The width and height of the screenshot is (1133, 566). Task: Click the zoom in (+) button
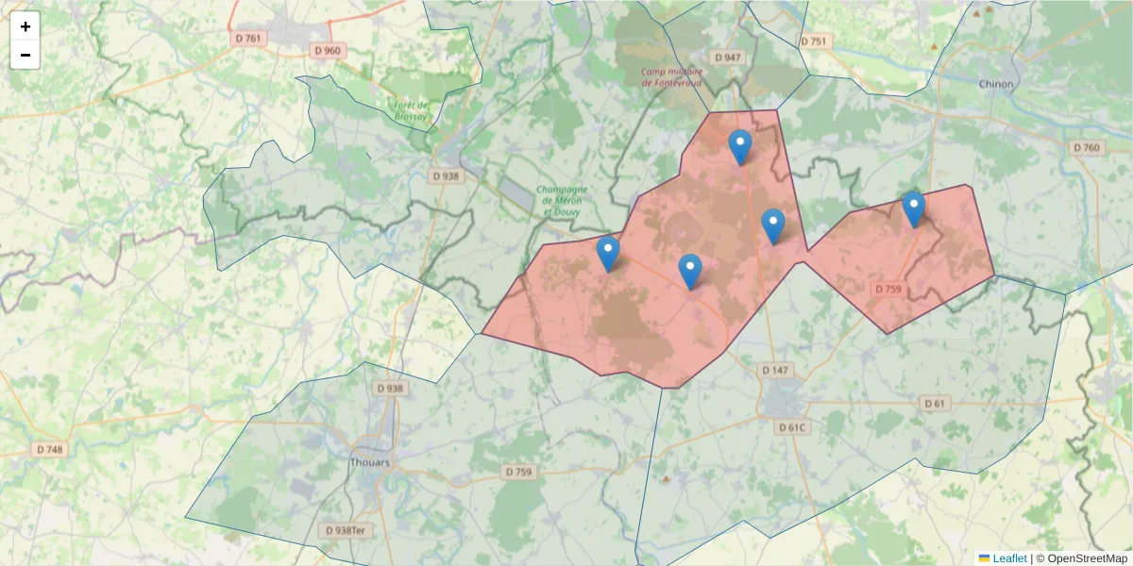pos(25,26)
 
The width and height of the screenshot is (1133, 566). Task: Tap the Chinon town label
pos(996,84)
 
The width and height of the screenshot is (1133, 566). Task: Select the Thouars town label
pos(369,462)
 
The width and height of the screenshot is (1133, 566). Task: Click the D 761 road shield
pos(248,39)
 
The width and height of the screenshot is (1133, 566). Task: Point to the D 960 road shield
pos(327,50)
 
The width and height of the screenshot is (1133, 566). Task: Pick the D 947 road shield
pos(728,58)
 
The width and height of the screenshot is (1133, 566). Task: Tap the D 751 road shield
pos(813,42)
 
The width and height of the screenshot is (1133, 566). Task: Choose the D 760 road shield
pos(1087,148)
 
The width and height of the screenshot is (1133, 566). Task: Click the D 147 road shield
pos(774,370)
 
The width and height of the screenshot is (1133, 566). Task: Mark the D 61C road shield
pos(792,427)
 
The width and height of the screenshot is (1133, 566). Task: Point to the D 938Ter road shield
pos(346,530)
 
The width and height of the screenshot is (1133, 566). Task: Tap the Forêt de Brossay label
pos(411,109)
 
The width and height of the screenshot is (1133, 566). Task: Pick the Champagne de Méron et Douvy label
pos(561,201)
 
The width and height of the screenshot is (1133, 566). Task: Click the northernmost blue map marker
pos(740,147)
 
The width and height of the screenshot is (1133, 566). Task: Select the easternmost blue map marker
pos(913,208)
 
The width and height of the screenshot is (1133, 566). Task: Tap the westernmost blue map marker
pos(608,254)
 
